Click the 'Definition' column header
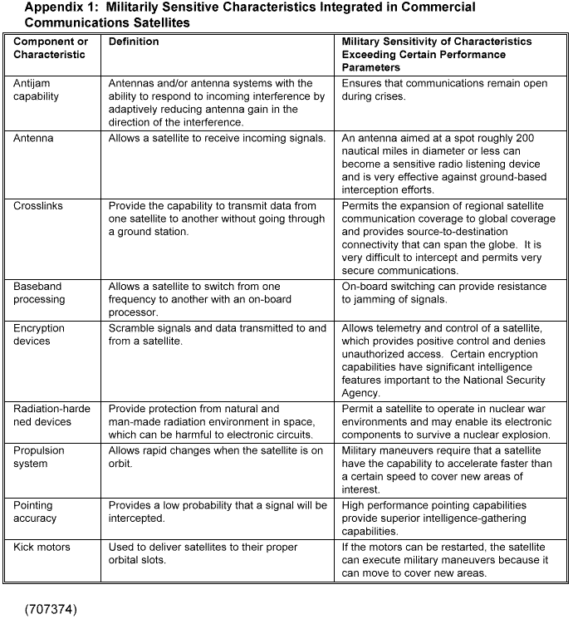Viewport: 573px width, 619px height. coord(134,42)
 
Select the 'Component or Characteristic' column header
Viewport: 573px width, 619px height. coord(51,48)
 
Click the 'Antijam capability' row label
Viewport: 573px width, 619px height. coord(37,90)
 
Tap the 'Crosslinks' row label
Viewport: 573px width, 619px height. coord(38,205)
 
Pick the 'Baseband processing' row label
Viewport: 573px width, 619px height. coord(38,293)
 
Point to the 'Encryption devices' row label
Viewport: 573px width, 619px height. coord(38,334)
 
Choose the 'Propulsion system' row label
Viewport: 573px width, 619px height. coord(39,457)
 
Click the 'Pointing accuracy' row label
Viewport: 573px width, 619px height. coord(35,512)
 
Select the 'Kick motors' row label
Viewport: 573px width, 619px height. coord(42,547)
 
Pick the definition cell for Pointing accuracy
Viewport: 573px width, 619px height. coord(218,512)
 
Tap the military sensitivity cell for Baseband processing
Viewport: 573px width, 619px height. coord(444,292)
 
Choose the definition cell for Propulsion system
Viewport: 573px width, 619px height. coord(217,457)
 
